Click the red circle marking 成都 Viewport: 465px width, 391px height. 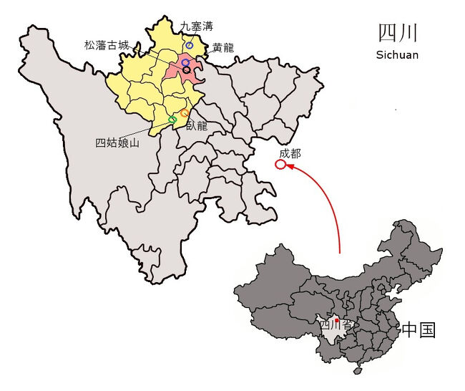point(280,165)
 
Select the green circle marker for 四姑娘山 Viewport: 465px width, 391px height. point(172,120)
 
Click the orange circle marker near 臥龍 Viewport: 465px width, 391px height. point(185,113)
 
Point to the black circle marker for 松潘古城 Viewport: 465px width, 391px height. point(187,70)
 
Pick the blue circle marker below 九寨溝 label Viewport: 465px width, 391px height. point(190,45)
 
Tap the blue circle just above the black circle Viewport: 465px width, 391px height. point(185,63)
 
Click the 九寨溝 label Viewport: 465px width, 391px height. point(196,26)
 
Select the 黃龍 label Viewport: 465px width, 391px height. point(222,49)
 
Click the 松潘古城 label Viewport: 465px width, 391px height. point(107,45)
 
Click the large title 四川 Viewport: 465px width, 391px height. point(398,34)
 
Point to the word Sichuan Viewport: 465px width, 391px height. point(397,54)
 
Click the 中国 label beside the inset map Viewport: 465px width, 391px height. point(418,329)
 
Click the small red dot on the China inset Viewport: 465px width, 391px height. point(327,320)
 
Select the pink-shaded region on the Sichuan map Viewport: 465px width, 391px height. point(177,72)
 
